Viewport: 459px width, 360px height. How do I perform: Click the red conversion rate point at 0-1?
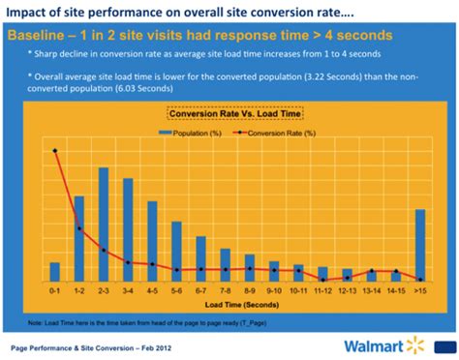55,150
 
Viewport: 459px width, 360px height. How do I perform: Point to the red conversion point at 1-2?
79,229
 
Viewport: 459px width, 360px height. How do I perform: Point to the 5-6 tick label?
176,288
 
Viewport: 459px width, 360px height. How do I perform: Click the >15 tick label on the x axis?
420,288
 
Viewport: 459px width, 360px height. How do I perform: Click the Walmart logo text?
371,345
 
